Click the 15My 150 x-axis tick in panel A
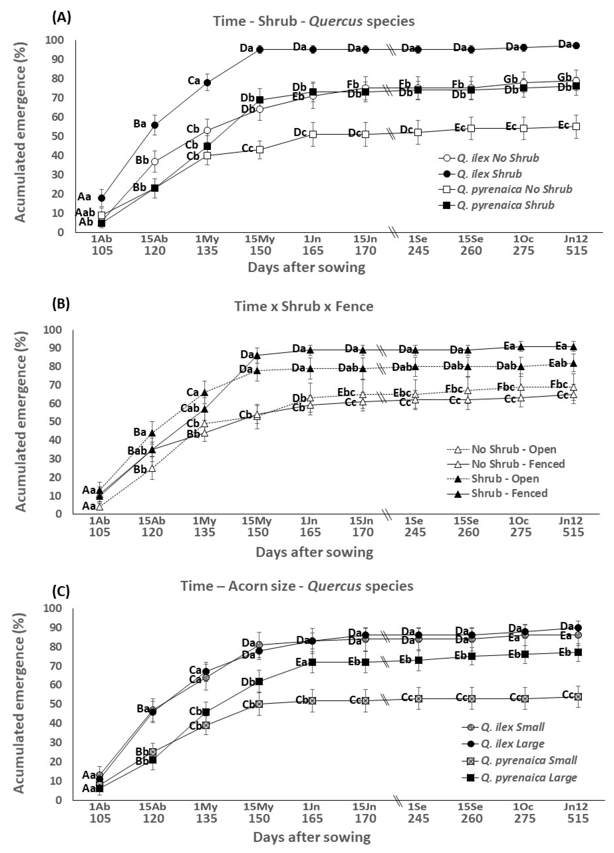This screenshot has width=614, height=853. pyautogui.click(x=260, y=245)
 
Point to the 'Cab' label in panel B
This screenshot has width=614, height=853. pyautogui.click(x=190, y=408)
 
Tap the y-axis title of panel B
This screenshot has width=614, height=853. pyautogui.click(x=21, y=421)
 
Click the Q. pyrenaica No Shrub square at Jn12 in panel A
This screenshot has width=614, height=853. pyautogui.click(x=576, y=126)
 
